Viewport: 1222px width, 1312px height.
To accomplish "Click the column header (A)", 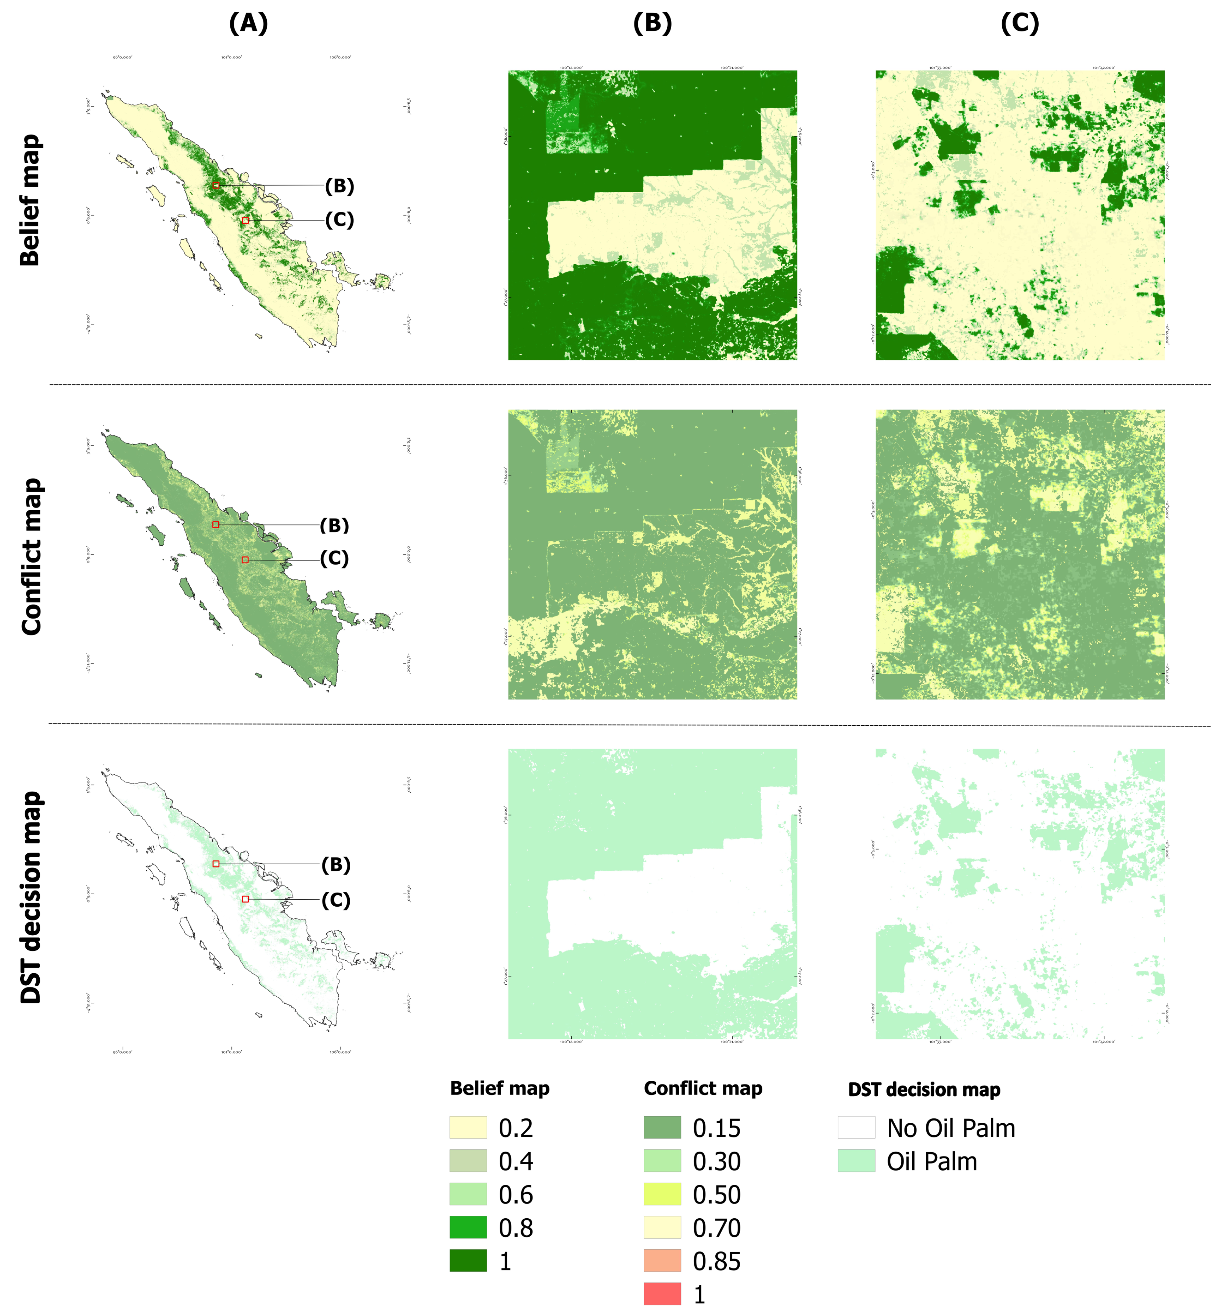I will pos(248,24).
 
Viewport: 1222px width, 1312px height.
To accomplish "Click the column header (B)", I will pos(652,24).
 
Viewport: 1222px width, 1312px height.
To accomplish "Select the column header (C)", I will pos(1020,24).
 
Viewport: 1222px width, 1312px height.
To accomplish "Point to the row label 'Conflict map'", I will pos(32,556).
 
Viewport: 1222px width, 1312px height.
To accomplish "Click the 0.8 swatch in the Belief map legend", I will pos(468,1227).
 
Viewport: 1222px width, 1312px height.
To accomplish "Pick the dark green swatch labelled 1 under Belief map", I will pos(468,1261).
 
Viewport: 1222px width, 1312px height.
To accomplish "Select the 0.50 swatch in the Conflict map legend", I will pos(662,1194).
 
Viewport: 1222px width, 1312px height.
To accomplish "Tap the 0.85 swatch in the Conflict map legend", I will pos(662,1261).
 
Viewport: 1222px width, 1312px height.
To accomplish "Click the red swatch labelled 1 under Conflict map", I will pos(662,1294).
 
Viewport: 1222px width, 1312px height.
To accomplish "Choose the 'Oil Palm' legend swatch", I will pos(856,1161).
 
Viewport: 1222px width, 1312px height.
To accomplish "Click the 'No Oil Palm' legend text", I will pos(950,1128).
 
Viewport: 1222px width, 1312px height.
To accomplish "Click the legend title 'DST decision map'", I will pos(924,1090).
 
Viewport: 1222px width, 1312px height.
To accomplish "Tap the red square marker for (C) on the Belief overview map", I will pos(245,221).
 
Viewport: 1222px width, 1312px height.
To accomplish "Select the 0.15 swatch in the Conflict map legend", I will pos(662,1127).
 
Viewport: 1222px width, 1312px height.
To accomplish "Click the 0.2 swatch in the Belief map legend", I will pos(468,1127).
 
